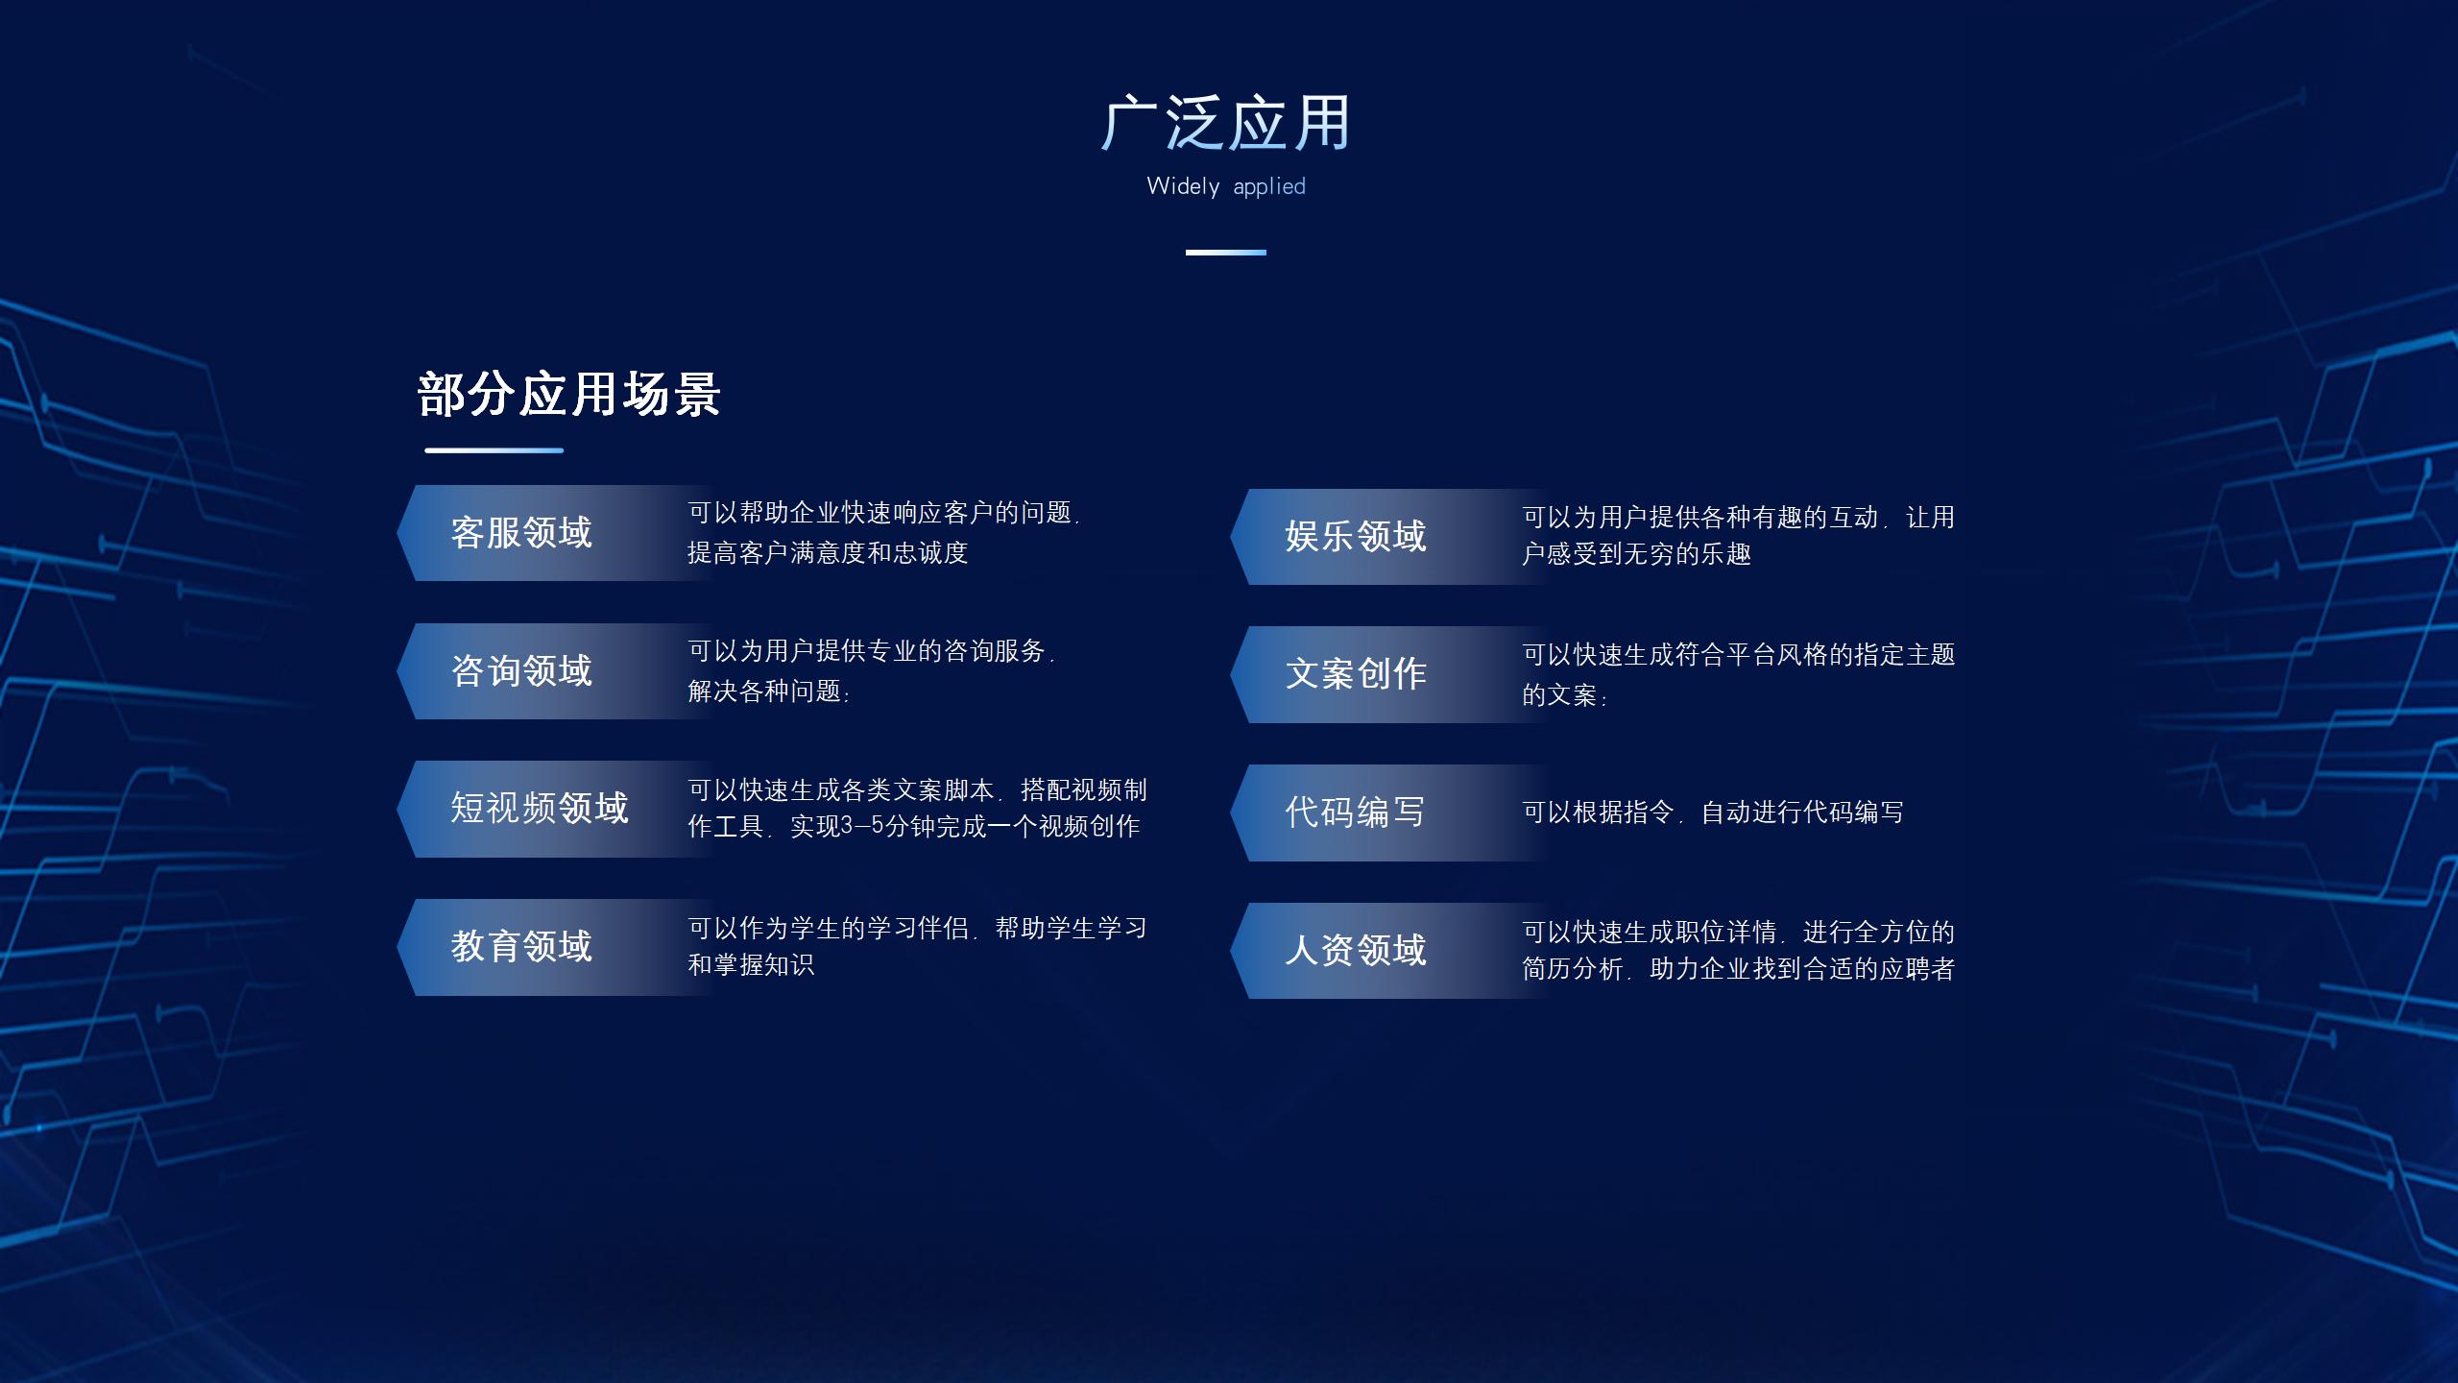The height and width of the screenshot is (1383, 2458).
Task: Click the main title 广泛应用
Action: (x=1226, y=124)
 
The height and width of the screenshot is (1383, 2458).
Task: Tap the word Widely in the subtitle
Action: (x=1183, y=186)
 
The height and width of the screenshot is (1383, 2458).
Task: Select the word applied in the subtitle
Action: (x=1269, y=187)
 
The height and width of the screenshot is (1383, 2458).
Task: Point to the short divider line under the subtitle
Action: (x=1226, y=253)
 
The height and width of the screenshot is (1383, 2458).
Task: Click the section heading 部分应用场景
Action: (x=569, y=394)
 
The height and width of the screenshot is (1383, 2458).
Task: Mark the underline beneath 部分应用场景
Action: (x=494, y=449)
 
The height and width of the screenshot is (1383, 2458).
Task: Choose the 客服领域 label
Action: (x=521, y=533)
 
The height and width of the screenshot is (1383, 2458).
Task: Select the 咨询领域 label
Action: (x=521, y=671)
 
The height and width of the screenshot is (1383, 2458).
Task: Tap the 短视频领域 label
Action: (x=540, y=809)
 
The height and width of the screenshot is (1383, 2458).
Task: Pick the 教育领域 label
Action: (x=521, y=947)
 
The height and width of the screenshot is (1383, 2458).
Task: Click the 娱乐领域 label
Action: (x=1356, y=537)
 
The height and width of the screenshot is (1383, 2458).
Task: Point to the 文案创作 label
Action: (x=1356, y=674)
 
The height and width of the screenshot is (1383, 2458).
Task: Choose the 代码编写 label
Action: (x=1356, y=813)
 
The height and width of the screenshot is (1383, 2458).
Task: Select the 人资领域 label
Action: (x=1356, y=951)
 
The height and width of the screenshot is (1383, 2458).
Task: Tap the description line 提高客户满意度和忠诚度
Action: (x=828, y=553)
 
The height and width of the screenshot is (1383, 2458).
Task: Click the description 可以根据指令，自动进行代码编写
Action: (x=1713, y=813)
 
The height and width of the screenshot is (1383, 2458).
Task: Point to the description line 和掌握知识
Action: (x=751, y=965)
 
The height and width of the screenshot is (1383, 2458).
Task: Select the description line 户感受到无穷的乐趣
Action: (x=1637, y=554)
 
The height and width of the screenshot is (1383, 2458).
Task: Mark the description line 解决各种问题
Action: (x=769, y=691)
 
